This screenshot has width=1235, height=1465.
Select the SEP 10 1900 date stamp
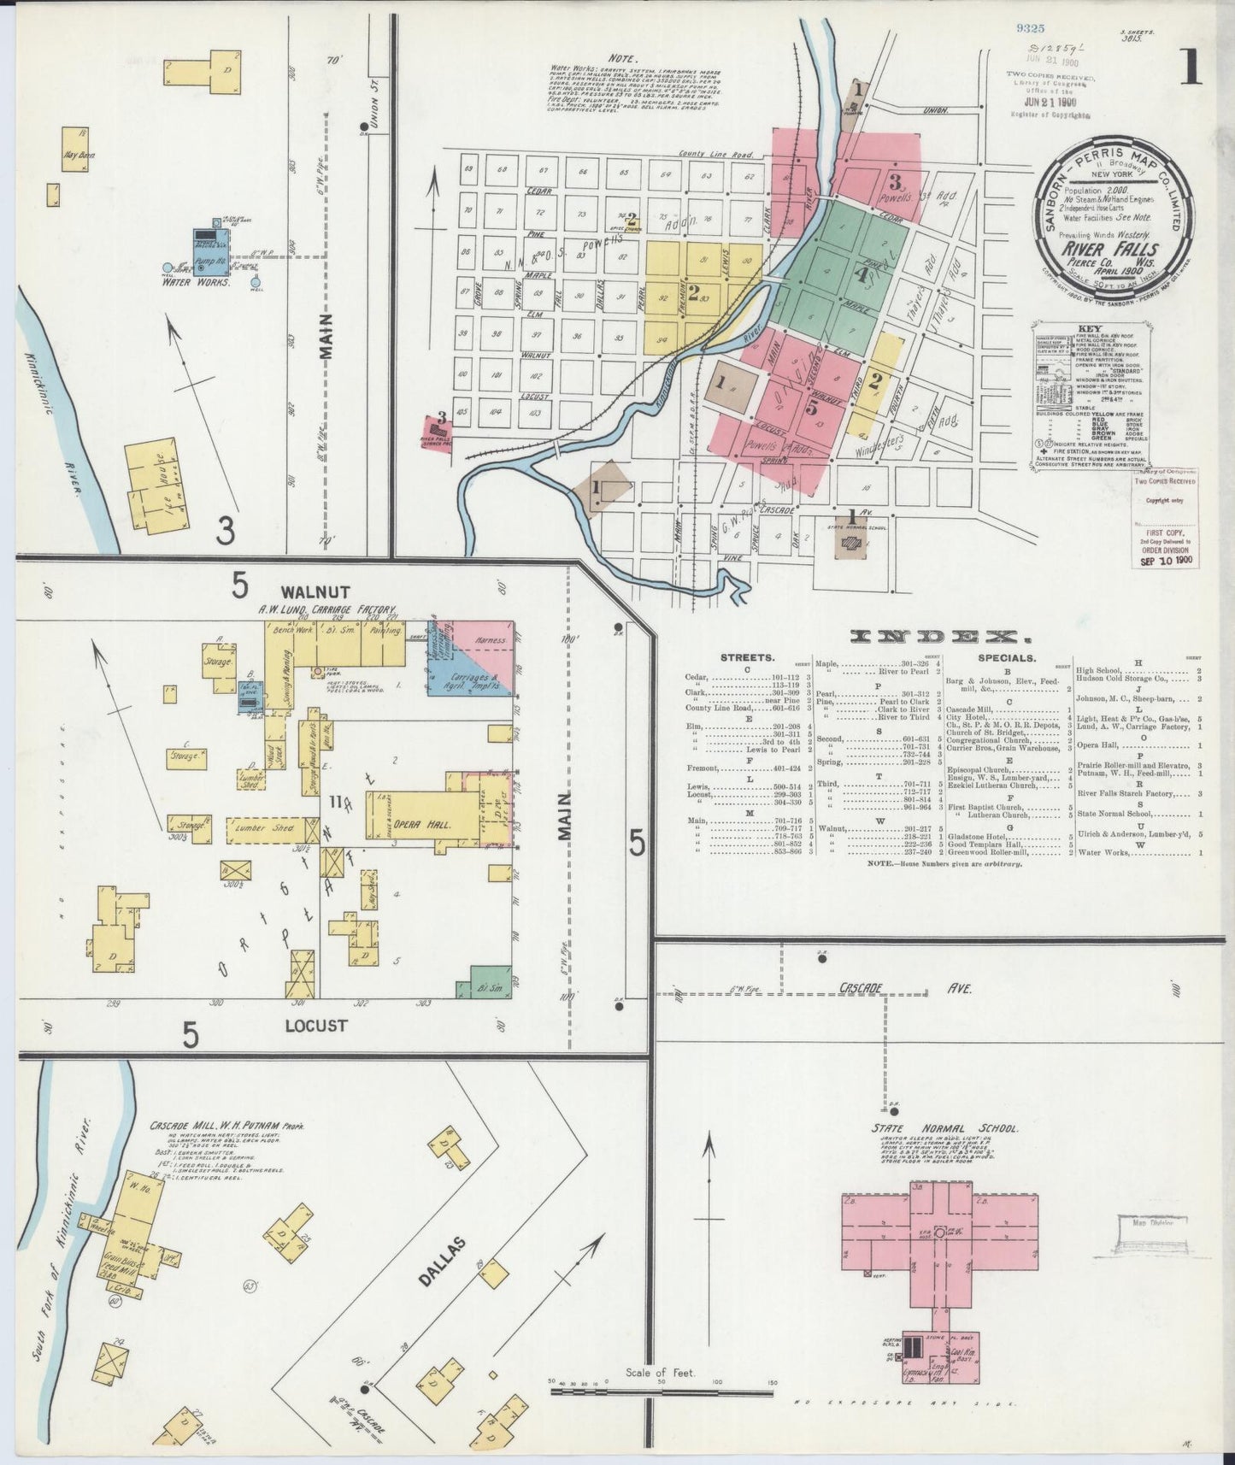[1166, 561]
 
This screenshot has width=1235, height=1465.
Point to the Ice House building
[158, 487]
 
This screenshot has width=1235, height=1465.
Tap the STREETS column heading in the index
[748, 658]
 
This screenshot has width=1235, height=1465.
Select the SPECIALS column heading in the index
[1009, 658]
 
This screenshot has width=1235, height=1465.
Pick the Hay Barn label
[79, 156]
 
